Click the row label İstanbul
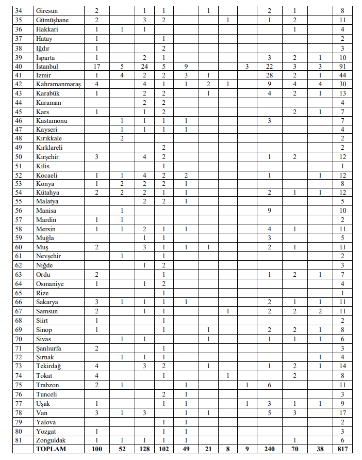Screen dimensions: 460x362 [47, 66]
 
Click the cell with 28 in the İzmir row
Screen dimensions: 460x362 [269, 75]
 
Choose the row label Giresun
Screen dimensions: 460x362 [47, 10]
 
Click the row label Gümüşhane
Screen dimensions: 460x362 [53, 20]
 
